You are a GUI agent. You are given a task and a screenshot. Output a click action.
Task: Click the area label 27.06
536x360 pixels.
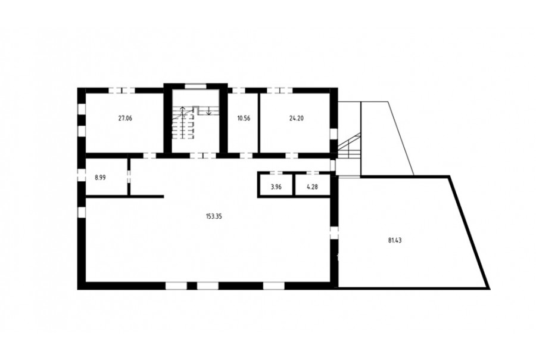click(x=125, y=119)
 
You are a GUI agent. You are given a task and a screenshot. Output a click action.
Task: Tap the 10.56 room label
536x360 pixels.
click(x=244, y=119)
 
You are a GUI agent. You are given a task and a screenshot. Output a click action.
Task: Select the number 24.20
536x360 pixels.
click(x=297, y=119)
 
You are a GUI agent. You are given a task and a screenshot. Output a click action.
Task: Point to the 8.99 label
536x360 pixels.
click(x=100, y=178)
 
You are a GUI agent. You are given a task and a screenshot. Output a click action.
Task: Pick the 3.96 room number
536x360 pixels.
click(x=276, y=187)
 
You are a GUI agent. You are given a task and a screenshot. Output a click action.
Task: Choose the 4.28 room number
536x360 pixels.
click(x=313, y=187)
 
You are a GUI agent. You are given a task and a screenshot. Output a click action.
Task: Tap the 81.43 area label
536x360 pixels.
click(x=395, y=240)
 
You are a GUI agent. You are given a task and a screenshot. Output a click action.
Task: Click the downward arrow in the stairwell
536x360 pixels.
click(x=208, y=110)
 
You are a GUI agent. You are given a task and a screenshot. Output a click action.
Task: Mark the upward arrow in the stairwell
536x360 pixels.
click(x=183, y=111)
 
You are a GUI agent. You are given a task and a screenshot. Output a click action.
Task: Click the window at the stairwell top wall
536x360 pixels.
click(x=195, y=86)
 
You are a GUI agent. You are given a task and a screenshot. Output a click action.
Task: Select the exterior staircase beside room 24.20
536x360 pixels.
click(x=349, y=146)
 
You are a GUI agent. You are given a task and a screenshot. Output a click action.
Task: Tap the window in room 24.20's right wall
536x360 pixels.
click(x=334, y=134)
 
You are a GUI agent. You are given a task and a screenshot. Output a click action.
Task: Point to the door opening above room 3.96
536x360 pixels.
click(x=276, y=173)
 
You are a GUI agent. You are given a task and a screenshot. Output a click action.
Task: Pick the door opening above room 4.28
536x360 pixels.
click(x=313, y=173)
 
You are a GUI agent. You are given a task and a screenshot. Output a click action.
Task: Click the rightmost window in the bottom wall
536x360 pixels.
click(x=273, y=285)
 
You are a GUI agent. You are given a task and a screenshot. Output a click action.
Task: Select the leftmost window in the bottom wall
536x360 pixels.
click(x=176, y=285)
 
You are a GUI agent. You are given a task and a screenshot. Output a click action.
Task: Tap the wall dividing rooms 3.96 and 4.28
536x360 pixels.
click(x=294, y=185)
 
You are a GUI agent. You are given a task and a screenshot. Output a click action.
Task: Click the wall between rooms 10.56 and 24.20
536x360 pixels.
click(x=260, y=123)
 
